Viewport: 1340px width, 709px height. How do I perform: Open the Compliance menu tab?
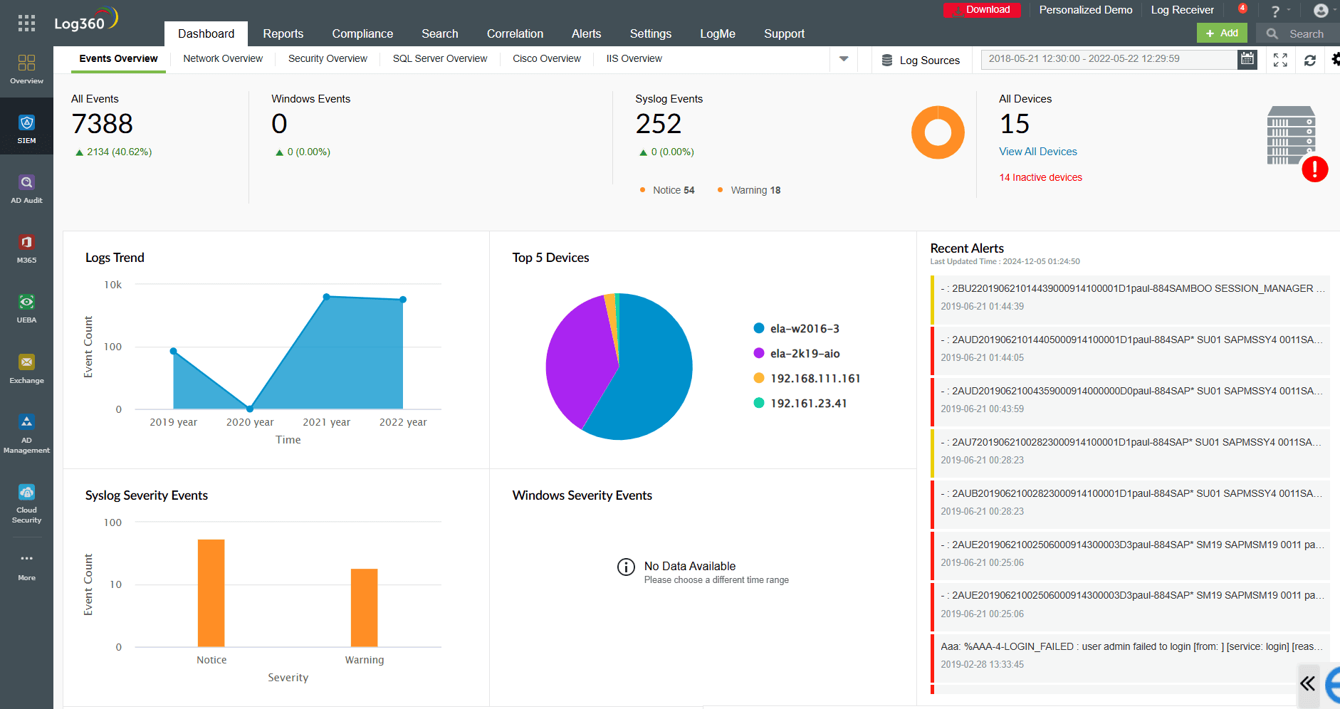[362, 33]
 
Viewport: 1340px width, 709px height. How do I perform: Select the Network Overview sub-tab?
[222, 58]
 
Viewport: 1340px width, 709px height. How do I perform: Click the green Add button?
[1222, 33]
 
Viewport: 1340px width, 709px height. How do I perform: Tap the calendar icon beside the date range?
[1247, 59]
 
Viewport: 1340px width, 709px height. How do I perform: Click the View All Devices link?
[1037, 152]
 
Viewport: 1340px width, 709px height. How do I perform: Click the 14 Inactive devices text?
[1040, 177]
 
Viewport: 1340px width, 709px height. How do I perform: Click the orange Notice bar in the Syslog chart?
[211, 592]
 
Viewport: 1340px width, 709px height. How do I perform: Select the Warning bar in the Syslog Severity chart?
[364, 606]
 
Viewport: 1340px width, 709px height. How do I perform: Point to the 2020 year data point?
[250, 409]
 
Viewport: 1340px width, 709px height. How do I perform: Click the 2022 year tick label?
[403, 422]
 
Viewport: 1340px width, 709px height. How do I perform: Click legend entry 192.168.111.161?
[815, 379]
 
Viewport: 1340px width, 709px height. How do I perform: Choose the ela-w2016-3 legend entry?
[804, 329]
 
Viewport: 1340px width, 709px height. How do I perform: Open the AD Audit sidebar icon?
[26, 189]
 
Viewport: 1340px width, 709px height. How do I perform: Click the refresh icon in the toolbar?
[1309, 61]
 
